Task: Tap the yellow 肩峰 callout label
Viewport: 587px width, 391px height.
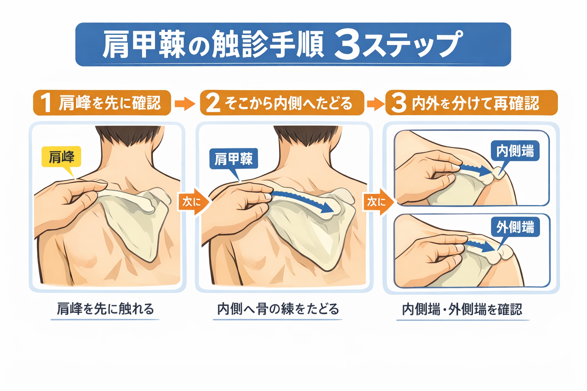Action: point(61,157)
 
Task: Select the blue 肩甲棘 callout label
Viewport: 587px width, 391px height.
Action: point(234,159)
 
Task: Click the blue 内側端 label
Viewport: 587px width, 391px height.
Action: point(515,151)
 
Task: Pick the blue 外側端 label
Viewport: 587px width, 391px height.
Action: point(515,228)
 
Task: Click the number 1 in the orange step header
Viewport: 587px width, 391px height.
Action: point(46,103)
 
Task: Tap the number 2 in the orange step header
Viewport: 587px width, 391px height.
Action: point(213,103)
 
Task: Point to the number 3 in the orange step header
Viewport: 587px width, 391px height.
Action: point(399,103)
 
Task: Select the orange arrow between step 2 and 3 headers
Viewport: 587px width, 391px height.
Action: point(375,103)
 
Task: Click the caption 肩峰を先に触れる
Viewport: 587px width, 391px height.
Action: point(105,309)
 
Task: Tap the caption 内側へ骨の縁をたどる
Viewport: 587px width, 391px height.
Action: point(278,309)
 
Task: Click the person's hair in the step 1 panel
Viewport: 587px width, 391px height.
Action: point(128,136)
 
